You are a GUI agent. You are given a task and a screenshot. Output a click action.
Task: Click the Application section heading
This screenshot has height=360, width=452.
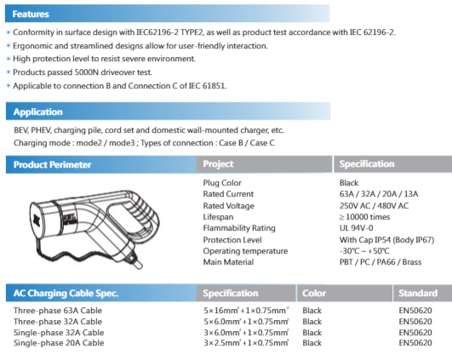point(37,111)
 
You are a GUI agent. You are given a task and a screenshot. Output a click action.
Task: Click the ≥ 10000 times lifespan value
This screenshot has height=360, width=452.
point(367,216)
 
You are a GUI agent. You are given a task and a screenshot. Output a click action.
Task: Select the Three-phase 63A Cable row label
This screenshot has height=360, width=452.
point(59,310)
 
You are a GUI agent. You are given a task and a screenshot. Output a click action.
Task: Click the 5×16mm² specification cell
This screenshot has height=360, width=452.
point(247,310)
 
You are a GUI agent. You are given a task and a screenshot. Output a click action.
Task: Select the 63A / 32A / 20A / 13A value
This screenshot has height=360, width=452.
point(380,193)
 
